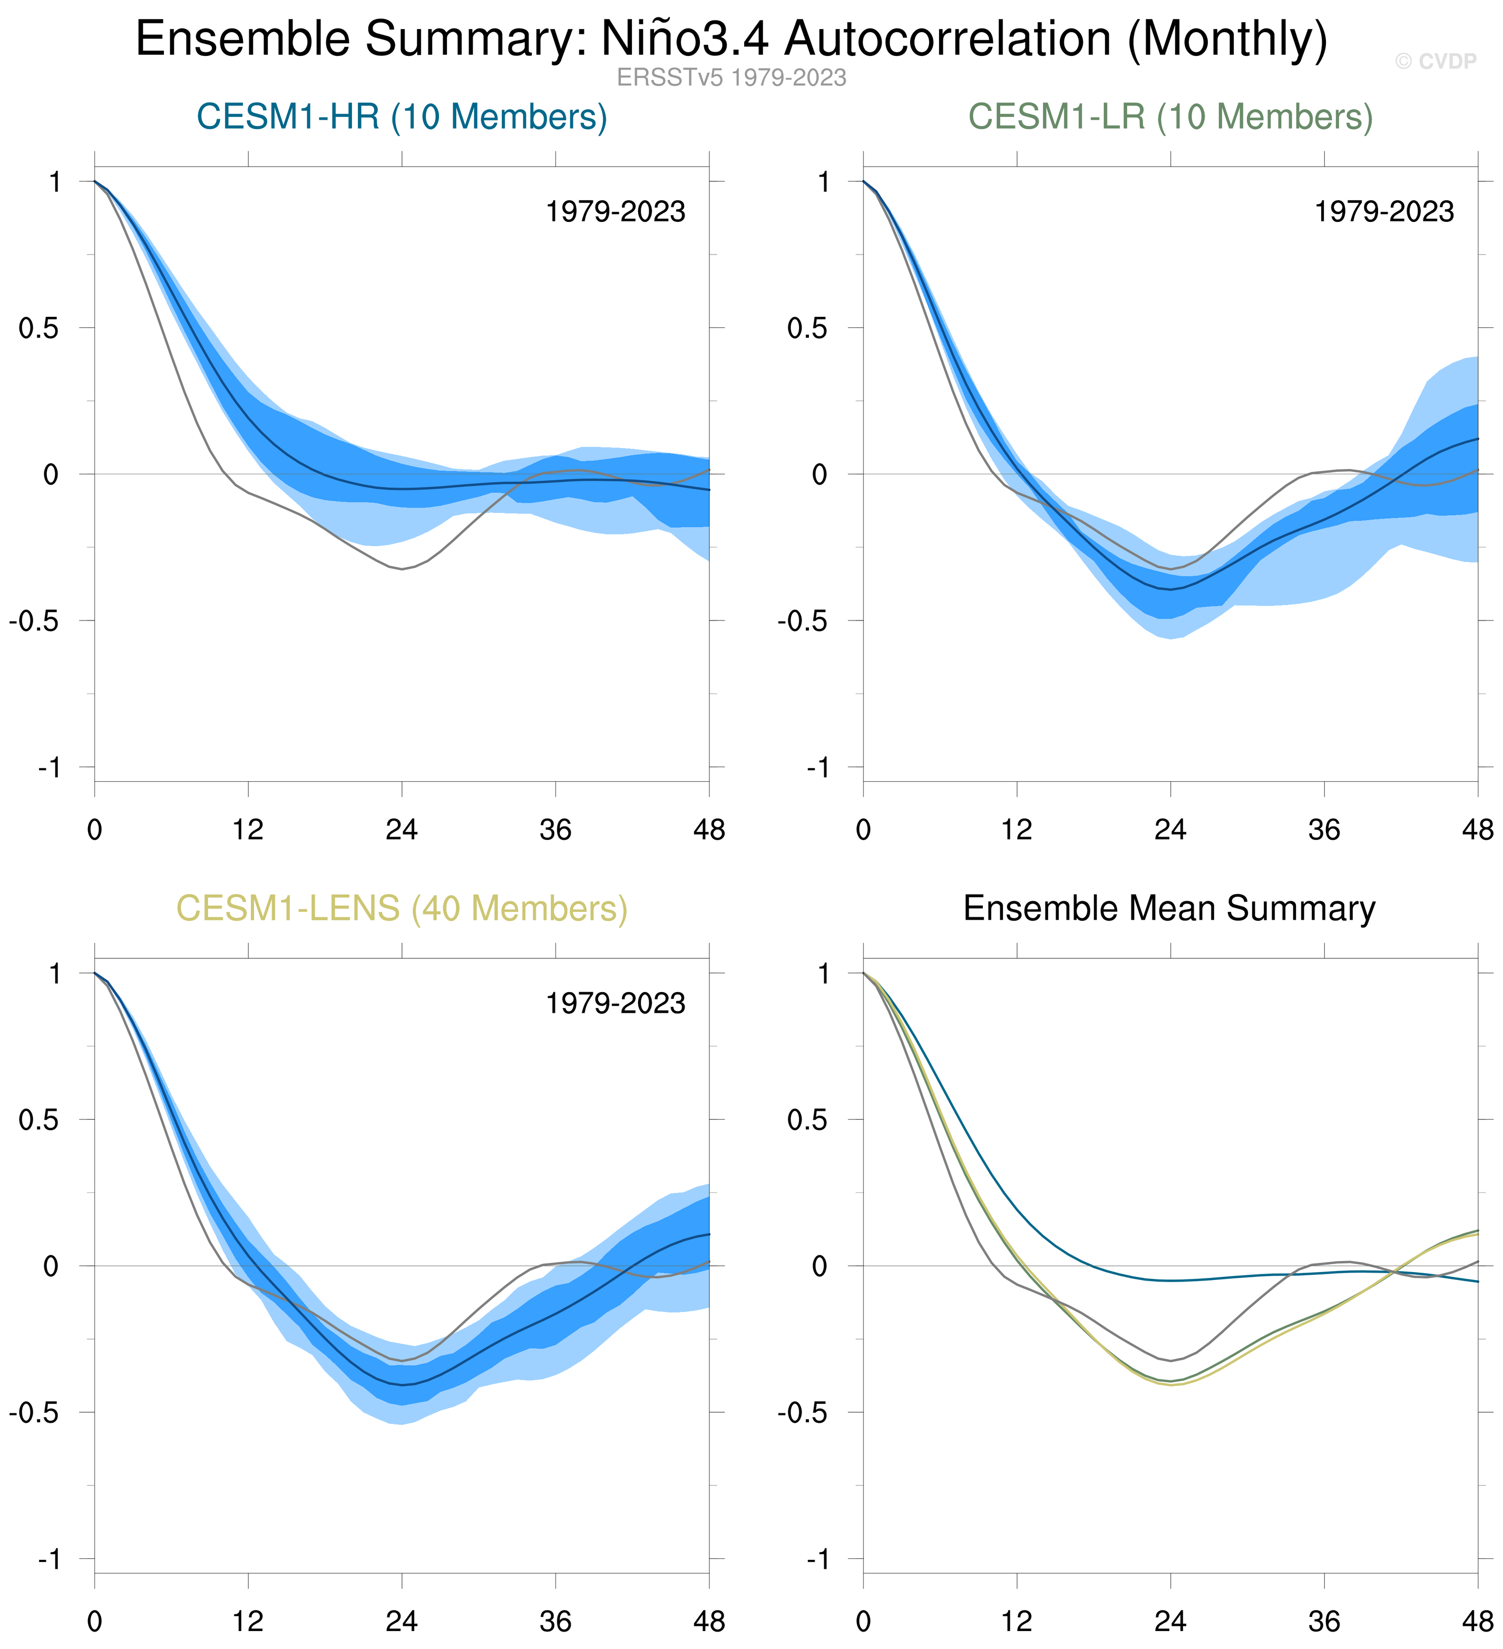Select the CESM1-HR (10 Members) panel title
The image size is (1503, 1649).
402,117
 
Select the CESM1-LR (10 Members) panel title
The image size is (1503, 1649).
1170,117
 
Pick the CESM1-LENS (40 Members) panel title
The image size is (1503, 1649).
402,909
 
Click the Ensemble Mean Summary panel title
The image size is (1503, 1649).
1169,909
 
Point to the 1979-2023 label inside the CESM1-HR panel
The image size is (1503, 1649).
615,212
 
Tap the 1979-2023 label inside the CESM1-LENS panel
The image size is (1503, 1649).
615,1004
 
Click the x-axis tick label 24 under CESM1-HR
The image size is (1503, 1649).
402,830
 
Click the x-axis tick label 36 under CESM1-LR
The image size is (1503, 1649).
1324,830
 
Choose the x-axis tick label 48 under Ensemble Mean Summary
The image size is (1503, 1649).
1477,1622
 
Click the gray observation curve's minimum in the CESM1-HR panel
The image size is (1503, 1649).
402,568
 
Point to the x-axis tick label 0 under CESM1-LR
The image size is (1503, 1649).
864,830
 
